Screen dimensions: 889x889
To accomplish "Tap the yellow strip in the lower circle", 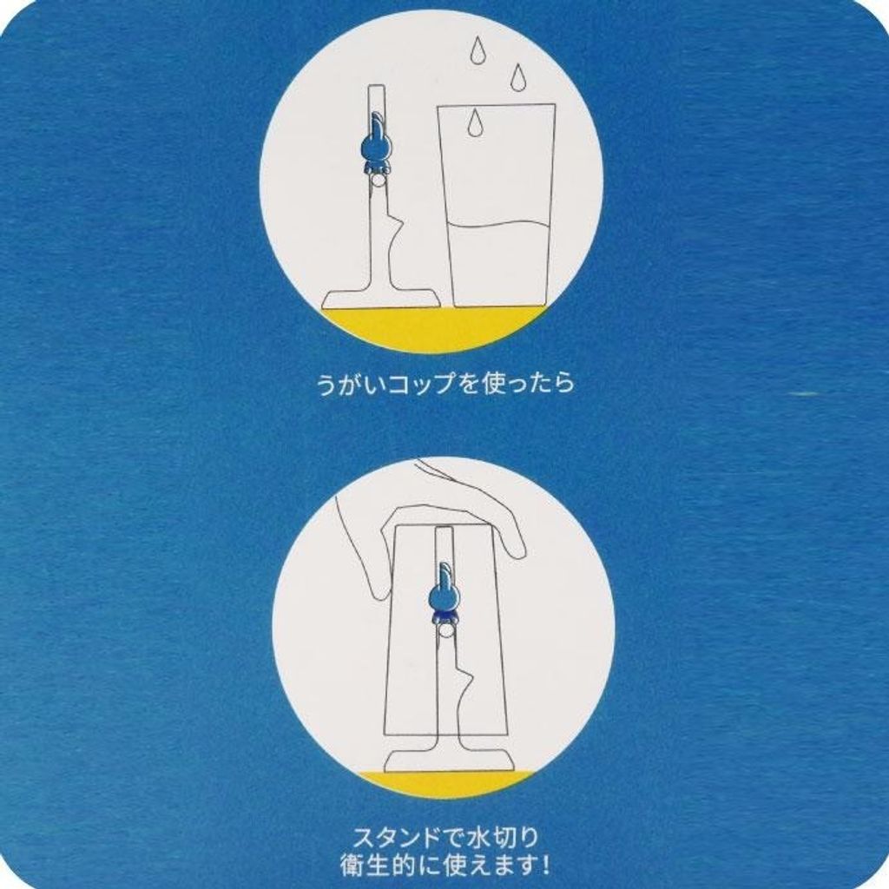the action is (x=444, y=782).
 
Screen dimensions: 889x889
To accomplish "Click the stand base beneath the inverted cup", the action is (x=444, y=759).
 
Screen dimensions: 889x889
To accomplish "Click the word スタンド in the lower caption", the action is (x=398, y=837).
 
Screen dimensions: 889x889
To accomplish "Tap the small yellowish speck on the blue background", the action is (x=803, y=393).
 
